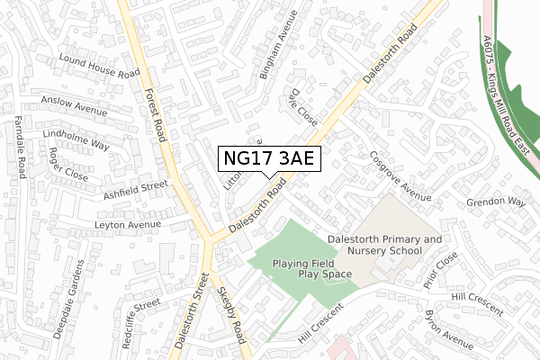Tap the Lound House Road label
(98, 66)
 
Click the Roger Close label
(68, 165)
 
